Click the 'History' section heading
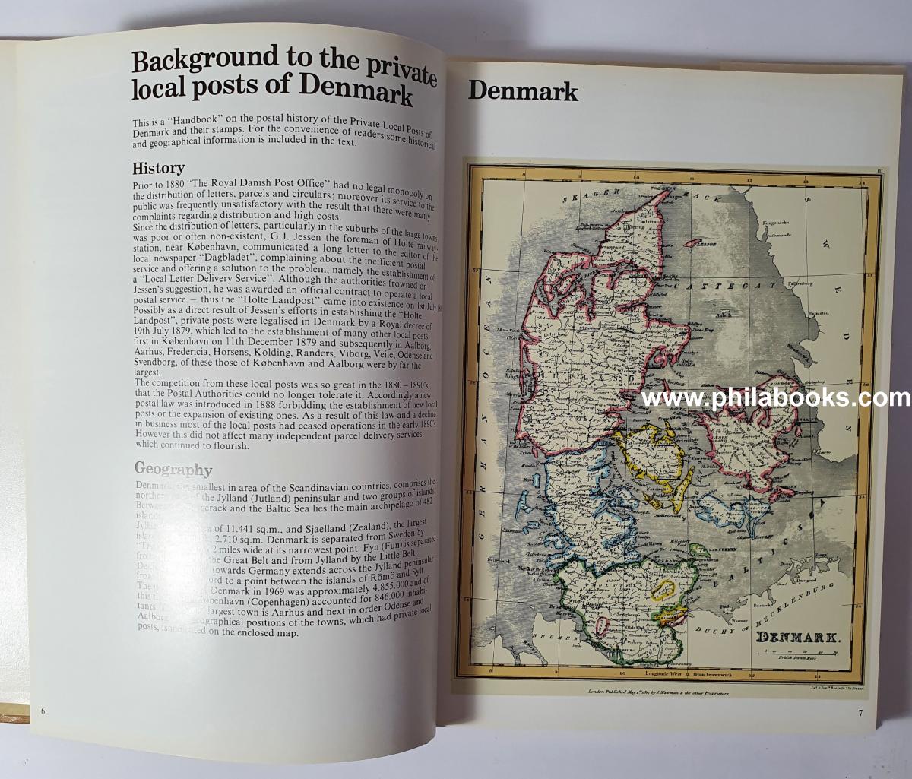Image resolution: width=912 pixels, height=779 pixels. click(x=158, y=169)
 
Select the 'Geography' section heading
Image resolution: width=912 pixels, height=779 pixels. click(x=173, y=469)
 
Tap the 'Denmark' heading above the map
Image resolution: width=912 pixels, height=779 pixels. click(x=523, y=91)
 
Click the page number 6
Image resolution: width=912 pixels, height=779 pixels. click(x=43, y=711)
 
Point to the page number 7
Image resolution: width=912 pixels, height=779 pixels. click(x=860, y=713)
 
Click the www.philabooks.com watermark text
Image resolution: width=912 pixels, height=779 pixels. click(x=774, y=398)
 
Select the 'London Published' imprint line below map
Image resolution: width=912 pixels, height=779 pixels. click(x=657, y=692)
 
